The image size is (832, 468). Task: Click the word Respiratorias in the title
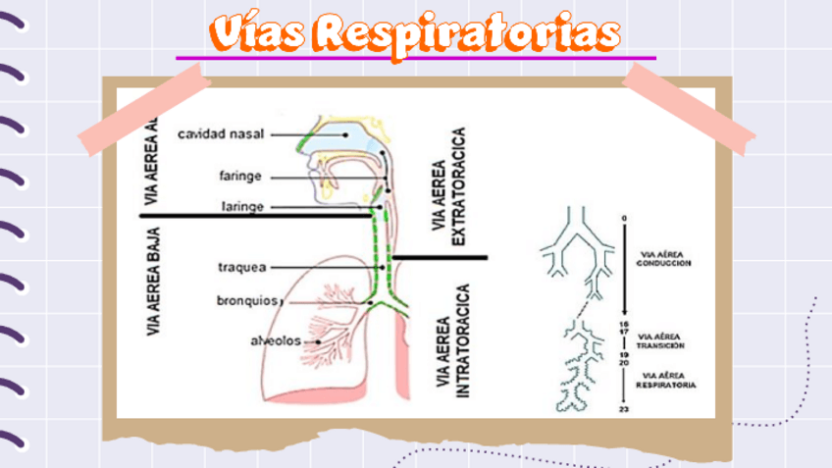472,34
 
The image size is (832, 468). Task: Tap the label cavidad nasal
219,132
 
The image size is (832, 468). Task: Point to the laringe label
240,207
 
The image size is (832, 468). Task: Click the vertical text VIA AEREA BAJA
153,282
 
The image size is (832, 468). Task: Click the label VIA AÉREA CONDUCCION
664,258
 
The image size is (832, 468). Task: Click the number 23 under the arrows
622,407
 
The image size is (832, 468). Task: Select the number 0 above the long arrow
622,217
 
